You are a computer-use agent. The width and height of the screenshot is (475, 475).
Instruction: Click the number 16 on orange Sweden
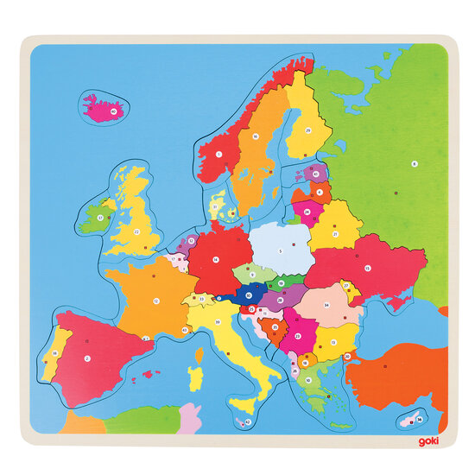click(256, 136)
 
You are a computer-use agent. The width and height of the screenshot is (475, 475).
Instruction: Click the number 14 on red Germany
click(216, 257)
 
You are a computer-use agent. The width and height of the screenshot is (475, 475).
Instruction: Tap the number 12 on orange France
click(156, 301)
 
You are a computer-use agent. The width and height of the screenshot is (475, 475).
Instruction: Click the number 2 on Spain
click(87, 356)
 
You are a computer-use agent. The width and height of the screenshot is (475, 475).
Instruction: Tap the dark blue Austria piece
click(247, 295)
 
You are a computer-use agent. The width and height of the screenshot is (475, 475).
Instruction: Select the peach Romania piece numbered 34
click(326, 305)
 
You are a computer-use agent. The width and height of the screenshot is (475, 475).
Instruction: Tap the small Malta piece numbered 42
click(249, 423)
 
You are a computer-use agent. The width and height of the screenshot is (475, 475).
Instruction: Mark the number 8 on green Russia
click(414, 162)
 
